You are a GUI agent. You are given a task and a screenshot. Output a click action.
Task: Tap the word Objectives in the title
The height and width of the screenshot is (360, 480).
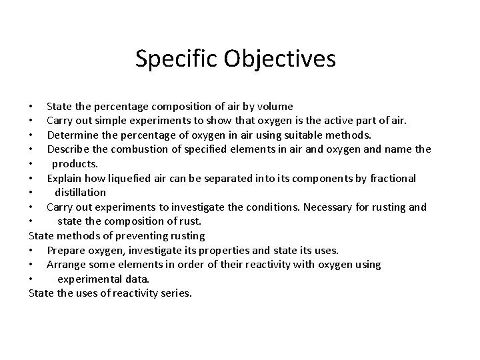[280, 59]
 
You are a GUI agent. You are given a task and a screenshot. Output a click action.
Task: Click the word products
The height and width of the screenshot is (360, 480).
[75, 163]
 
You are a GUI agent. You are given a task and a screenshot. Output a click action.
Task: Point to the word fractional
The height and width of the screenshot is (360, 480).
[391, 178]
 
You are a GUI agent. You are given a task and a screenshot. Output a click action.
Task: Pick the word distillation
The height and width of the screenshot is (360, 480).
[80, 192]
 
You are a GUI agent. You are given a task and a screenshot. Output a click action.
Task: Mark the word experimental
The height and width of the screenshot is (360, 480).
[95, 279]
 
